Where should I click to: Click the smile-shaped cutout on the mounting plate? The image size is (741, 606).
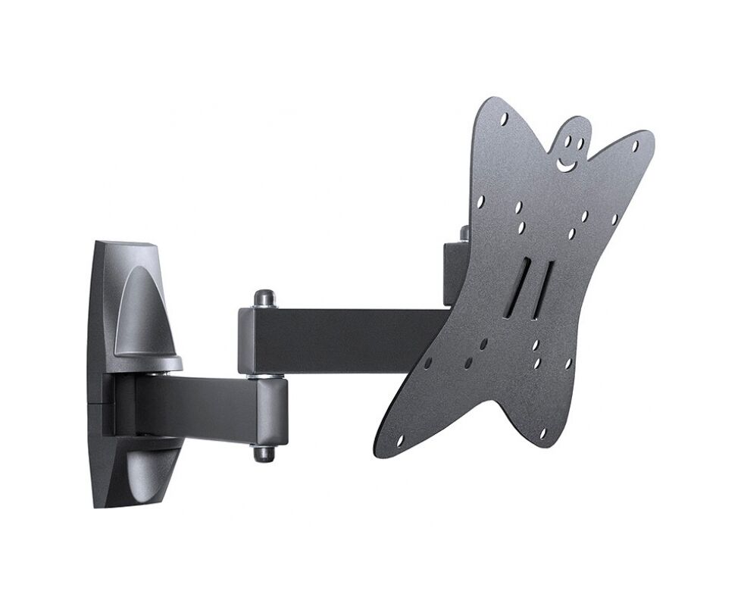pos(565,163)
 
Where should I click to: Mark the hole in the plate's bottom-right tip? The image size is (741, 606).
pos(542,433)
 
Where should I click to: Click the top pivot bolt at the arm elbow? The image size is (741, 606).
pos(264,297)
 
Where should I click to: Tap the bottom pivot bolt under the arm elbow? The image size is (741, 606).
pos(264,453)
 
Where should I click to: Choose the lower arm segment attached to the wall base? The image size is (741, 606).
pos(197,406)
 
